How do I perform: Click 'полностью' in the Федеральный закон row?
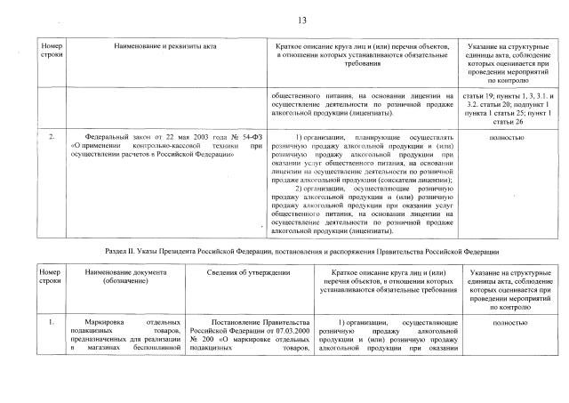506,139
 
